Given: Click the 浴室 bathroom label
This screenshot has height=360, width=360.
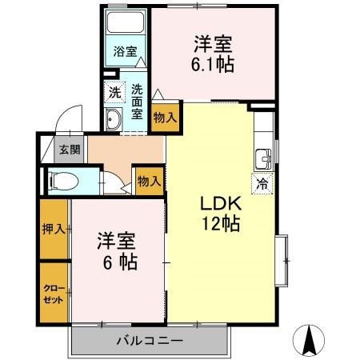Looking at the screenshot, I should [x=125, y=52].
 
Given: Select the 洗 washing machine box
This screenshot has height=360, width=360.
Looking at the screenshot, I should [x=115, y=93].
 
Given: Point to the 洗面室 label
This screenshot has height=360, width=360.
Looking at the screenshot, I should [x=138, y=102].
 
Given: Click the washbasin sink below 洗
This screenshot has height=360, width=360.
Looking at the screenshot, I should [x=114, y=121].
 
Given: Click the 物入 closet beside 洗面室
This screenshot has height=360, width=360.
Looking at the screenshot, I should [x=165, y=118].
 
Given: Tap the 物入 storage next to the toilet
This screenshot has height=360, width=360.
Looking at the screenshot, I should [x=149, y=181].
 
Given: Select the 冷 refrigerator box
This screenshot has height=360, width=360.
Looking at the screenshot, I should [x=262, y=183].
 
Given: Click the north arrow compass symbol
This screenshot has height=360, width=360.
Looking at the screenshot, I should [x=310, y=341].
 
